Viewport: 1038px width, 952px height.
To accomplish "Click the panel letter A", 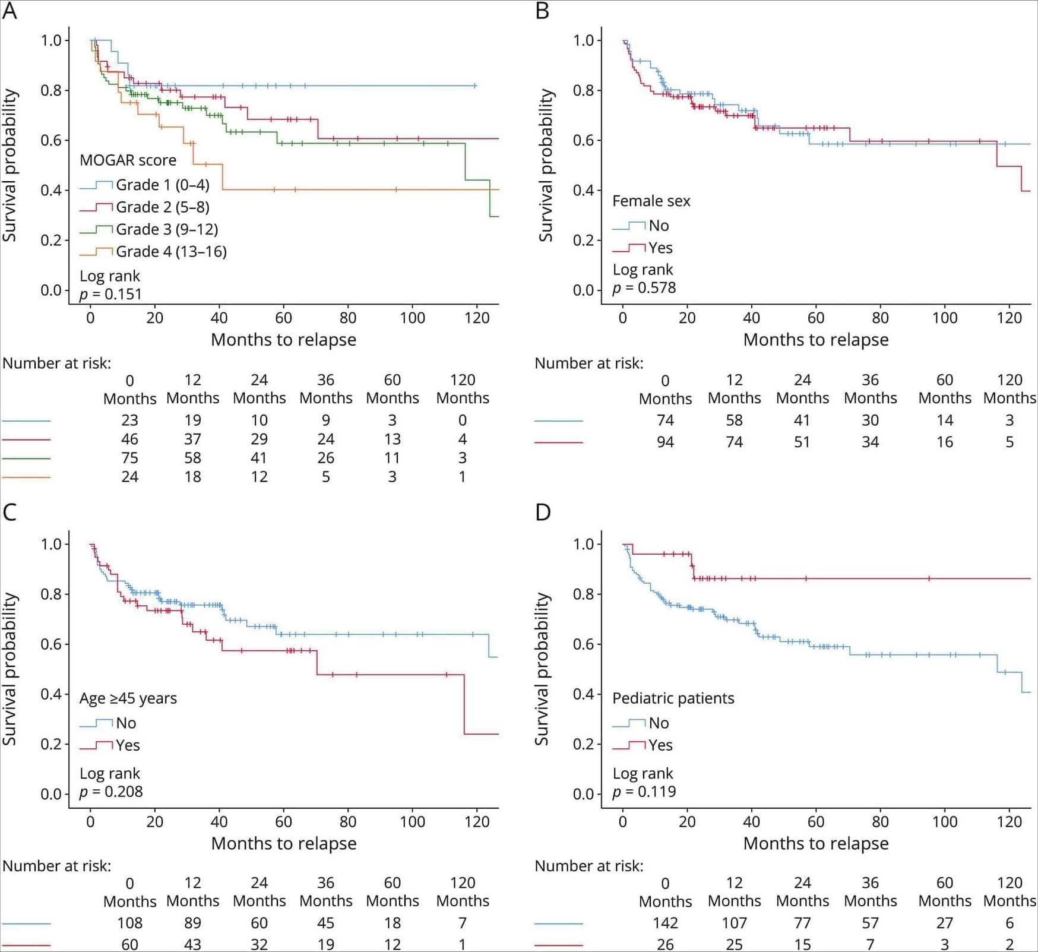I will pos(10,11).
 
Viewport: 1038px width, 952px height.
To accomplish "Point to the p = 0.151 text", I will pos(111,294).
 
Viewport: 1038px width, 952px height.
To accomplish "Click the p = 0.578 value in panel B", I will pos(644,288).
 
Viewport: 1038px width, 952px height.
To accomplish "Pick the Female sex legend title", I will pos(651,201).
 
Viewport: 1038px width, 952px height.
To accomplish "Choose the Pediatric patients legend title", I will pos(673,698).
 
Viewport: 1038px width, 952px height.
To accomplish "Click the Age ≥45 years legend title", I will pos(128,698).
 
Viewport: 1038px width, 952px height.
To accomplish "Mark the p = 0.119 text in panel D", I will pos(644,792).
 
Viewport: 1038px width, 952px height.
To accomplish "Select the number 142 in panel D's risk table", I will pos(665,923).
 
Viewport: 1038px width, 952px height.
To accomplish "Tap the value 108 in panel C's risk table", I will pos(129,923).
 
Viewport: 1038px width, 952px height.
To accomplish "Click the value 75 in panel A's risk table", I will pos(129,458).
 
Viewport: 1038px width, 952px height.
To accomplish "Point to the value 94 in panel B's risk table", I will pos(665,442).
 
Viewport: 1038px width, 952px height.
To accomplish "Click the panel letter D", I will pos(543,512).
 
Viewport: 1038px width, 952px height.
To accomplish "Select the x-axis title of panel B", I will pos(816,340).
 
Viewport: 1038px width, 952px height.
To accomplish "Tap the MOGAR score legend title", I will pos(128,160).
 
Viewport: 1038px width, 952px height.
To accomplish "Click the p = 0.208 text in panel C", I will pos(111,792).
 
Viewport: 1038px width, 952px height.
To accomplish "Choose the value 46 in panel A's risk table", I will pos(129,439).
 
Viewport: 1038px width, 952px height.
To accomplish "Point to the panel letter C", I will pos(10,512).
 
